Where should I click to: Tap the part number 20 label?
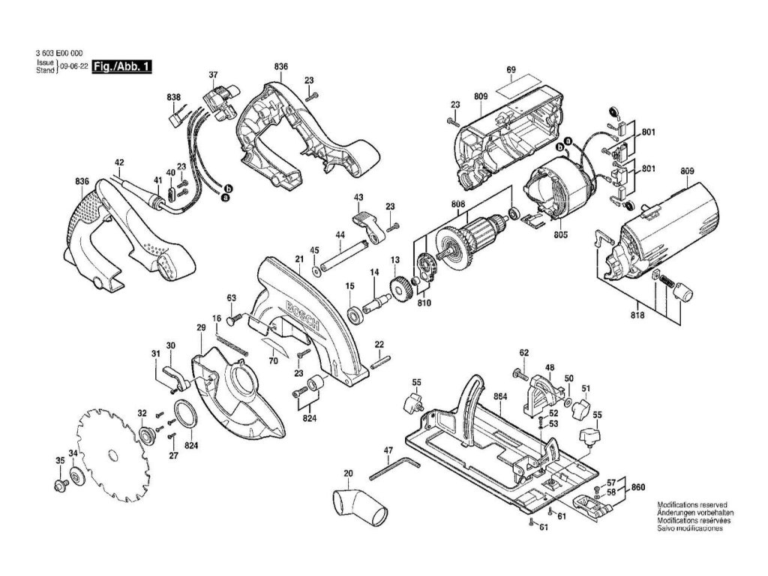(x=348, y=473)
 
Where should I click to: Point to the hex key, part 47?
(x=393, y=468)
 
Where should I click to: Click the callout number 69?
(x=511, y=70)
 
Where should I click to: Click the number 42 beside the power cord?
(x=118, y=162)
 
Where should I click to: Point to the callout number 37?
(x=213, y=74)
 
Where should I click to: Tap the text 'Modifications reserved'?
(x=691, y=505)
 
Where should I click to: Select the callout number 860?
(x=637, y=487)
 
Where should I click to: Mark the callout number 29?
(x=201, y=328)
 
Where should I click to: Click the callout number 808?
(x=457, y=204)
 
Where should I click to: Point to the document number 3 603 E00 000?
(x=58, y=54)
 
